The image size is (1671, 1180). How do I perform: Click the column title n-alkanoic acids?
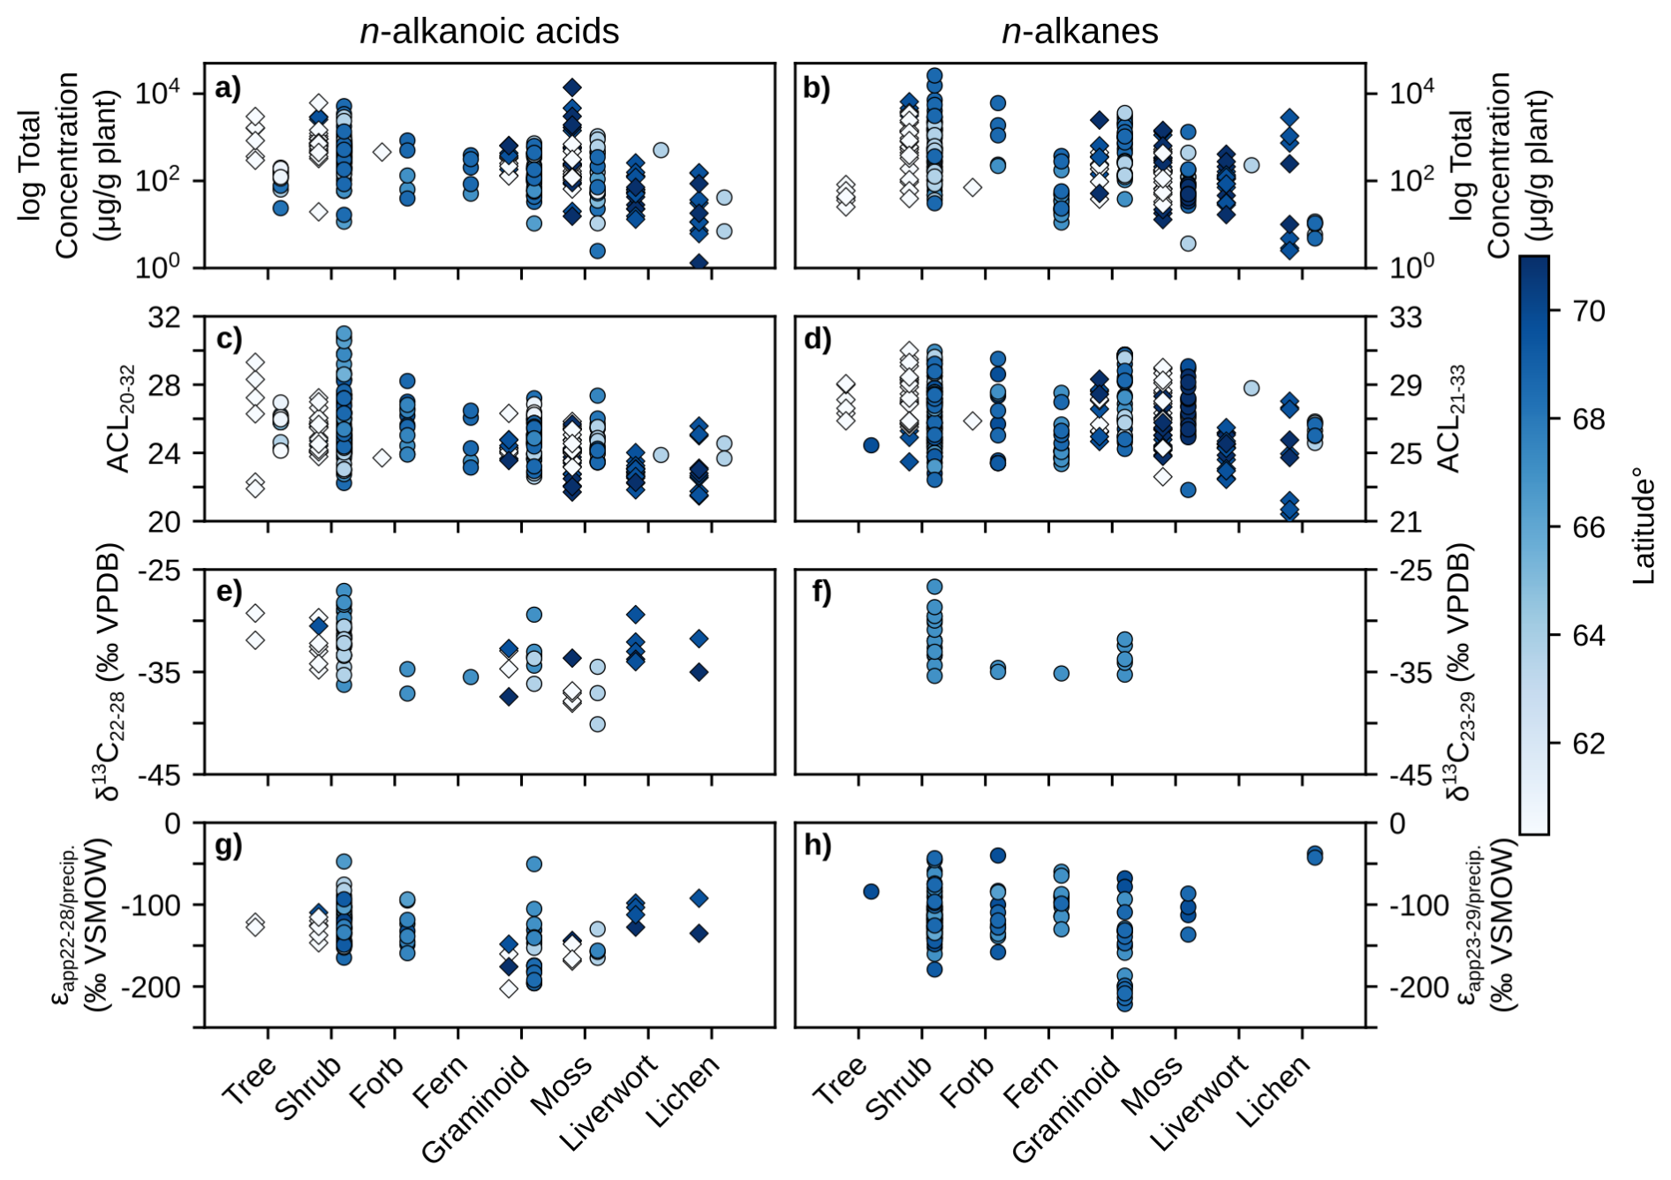(489, 32)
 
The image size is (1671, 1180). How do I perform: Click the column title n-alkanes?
(1079, 32)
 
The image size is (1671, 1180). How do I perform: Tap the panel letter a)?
(227, 88)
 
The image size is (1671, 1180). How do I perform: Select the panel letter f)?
(820, 592)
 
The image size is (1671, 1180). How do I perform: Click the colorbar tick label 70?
(1588, 311)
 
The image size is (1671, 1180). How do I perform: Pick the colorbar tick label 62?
(1588, 744)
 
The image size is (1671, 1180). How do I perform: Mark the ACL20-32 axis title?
(120, 419)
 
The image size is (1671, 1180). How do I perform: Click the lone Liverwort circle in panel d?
(1251, 388)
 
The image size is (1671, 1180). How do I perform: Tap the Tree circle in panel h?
(871, 891)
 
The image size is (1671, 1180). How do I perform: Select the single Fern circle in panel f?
(1062, 673)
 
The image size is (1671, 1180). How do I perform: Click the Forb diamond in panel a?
(382, 152)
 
